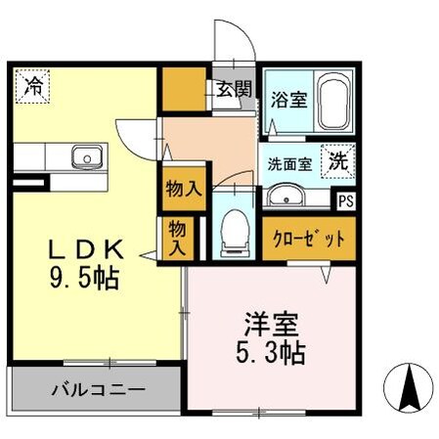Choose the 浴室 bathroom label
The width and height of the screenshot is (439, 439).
click(288, 99)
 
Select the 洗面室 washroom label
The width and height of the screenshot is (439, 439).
click(289, 163)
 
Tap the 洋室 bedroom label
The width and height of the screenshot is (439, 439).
click(273, 323)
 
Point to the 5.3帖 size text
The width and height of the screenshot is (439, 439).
click(273, 351)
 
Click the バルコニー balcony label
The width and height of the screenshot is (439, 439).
click(98, 389)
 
